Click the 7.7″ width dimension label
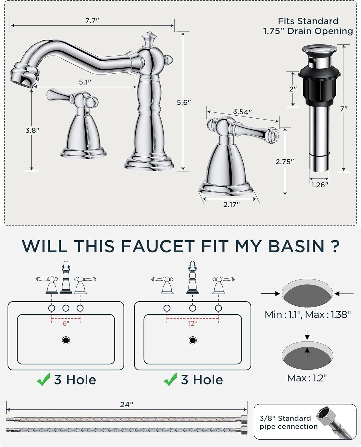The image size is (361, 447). coord(92,21)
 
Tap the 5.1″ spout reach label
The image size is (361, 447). coord(85,82)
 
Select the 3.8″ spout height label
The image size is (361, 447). coord(32,130)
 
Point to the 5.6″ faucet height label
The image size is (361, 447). coord(184,103)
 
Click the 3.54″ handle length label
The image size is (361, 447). coord(242,112)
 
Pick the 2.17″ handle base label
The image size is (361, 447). coord(231,204)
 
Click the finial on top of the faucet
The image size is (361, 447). coord(149,39)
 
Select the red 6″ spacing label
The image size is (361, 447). coord(66,323)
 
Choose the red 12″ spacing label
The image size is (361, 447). coord(192,323)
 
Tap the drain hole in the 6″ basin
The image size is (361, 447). coord(66,340)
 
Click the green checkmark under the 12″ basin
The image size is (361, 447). coord(170,379)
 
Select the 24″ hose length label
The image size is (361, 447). coord(127,404)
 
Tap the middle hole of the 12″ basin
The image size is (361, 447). coord(193,308)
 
